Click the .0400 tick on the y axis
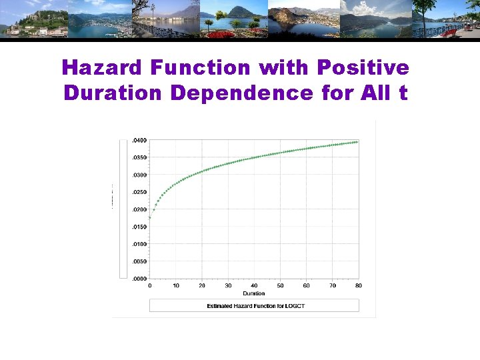click(139, 141)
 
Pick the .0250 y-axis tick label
click(139, 193)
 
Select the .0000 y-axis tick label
click(139, 279)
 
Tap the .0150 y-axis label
click(139, 227)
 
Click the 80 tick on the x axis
click(359, 285)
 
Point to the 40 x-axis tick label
click(254, 285)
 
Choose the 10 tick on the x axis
click(176, 285)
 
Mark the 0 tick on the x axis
click(150, 285)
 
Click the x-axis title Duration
click(254, 293)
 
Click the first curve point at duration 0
click(150, 217)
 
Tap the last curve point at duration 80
click(358, 142)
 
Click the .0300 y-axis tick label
click(139, 175)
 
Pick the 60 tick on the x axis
click(306, 285)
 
